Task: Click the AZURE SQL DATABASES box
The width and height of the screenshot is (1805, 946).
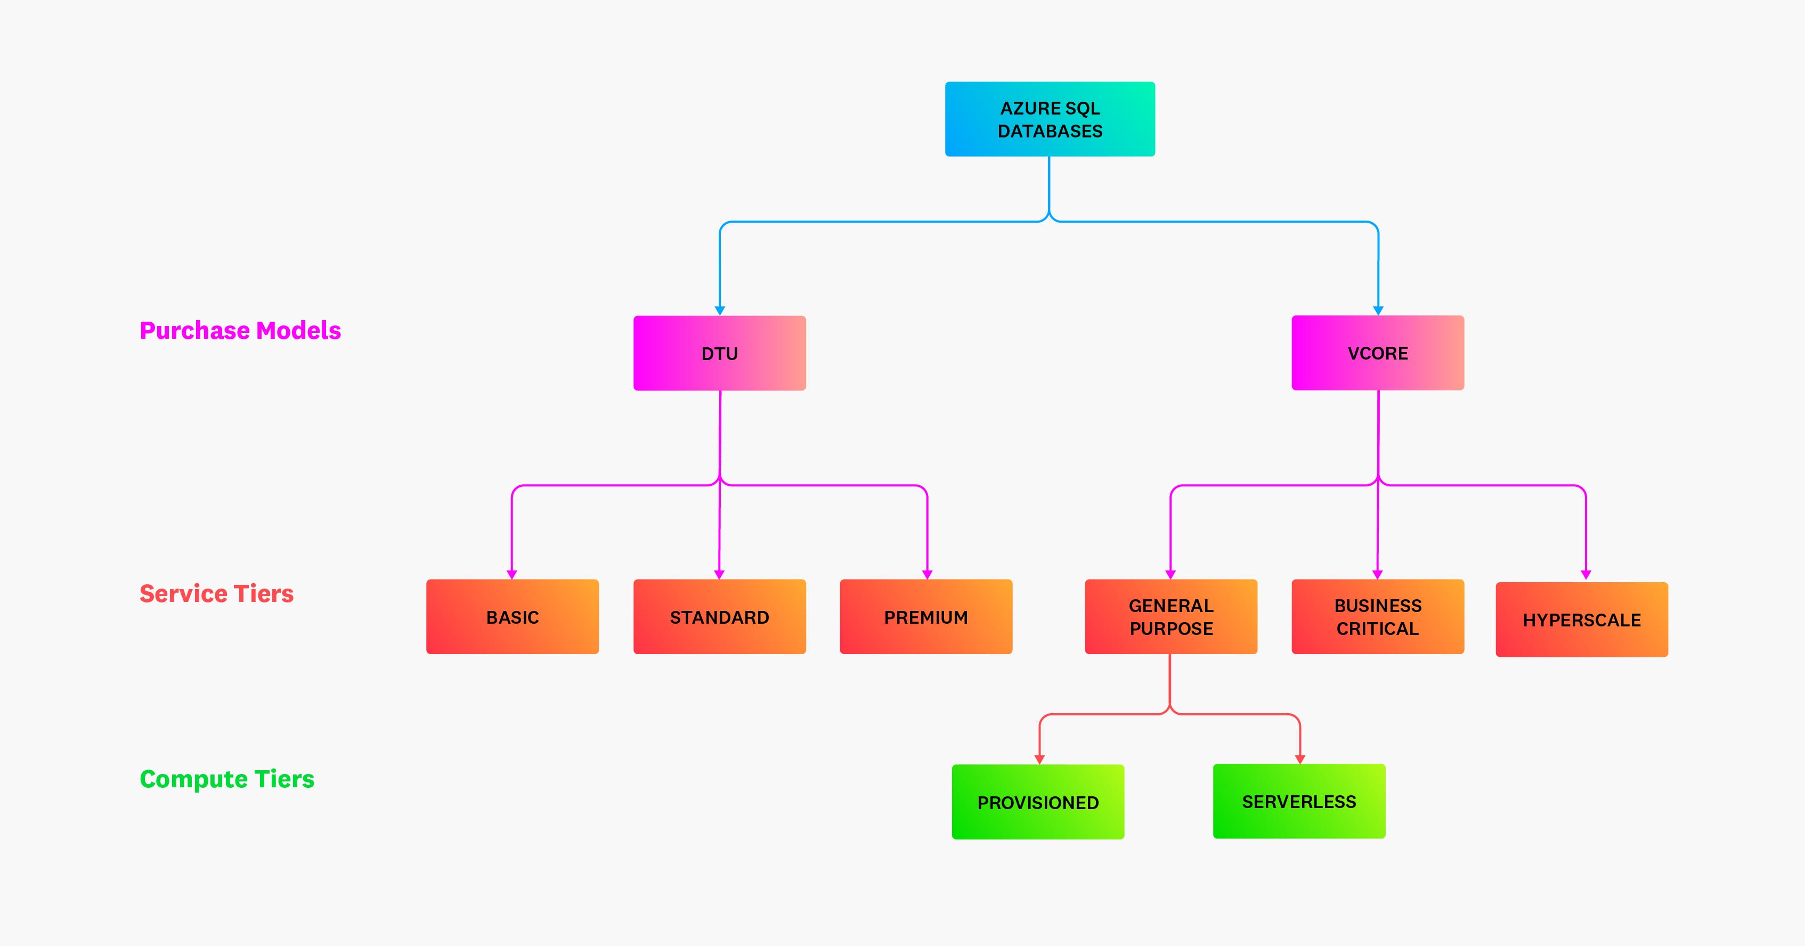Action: click(x=1050, y=119)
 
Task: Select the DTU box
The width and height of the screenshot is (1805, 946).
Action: click(x=720, y=353)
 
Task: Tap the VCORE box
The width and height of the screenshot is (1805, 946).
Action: click(x=1378, y=353)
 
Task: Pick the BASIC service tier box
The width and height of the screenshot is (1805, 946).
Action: click(x=512, y=617)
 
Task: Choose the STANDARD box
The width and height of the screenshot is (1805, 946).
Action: click(x=720, y=617)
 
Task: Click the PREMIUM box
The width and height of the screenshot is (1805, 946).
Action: click(x=925, y=617)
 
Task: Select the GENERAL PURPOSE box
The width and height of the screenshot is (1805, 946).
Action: click(x=1171, y=617)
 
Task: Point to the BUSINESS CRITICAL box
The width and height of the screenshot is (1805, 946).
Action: click(x=1378, y=617)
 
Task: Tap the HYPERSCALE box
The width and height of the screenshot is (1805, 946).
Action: click(x=1581, y=619)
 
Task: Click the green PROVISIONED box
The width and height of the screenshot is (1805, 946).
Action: click(x=1038, y=802)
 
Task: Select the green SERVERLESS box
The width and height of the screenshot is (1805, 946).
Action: click(x=1299, y=801)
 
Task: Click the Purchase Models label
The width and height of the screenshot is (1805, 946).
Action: click(x=240, y=330)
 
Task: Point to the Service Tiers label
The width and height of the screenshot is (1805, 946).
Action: click(x=216, y=593)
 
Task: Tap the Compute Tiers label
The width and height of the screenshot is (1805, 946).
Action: click(x=226, y=779)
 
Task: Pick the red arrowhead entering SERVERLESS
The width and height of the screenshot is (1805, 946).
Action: click(x=1300, y=759)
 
